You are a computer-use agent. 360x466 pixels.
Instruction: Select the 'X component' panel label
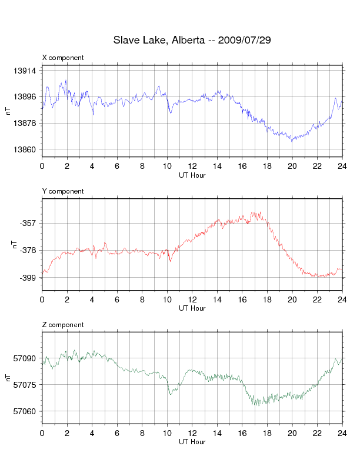pos(63,58)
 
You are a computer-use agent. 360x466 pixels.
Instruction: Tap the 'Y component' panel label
pos(63,191)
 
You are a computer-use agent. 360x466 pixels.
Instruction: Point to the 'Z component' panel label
pos(63,325)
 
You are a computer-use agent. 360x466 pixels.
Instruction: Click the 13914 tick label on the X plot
pos(25,71)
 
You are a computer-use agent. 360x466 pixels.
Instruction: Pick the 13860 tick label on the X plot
pos(25,149)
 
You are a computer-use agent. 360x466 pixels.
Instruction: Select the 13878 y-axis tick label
pos(25,123)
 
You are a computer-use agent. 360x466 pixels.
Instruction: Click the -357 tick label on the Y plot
pos(28,224)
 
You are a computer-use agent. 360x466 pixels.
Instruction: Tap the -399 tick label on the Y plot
pos(28,277)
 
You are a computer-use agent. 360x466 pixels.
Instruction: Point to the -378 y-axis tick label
pos(28,251)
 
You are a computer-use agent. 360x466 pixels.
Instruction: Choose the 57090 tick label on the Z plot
pos(25,358)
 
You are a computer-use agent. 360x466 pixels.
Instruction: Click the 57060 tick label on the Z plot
pos(25,411)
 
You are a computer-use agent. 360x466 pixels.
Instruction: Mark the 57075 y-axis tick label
pos(25,385)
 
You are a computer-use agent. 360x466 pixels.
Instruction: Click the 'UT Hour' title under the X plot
pos(192,175)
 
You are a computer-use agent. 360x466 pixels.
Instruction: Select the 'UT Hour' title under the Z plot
pos(192,442)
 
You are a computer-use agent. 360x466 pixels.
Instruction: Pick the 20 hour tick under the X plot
pos(292,167)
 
